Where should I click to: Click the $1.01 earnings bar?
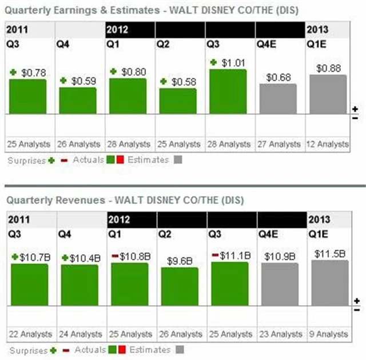point(228,91)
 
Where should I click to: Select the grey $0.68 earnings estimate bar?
point(279,99)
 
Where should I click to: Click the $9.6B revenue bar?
point(179,286)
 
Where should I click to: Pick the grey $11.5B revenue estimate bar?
point(329,283)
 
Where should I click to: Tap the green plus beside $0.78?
point(14,72)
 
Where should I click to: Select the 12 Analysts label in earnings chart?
point(327,145)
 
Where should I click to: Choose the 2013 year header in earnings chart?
point(317,30)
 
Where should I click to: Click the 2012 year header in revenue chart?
point(119,219)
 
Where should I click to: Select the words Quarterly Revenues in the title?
point(46,201)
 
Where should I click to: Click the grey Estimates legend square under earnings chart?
point(178,161)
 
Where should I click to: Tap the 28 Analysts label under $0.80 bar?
point(129,145)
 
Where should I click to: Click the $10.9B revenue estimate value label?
point(279,257)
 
